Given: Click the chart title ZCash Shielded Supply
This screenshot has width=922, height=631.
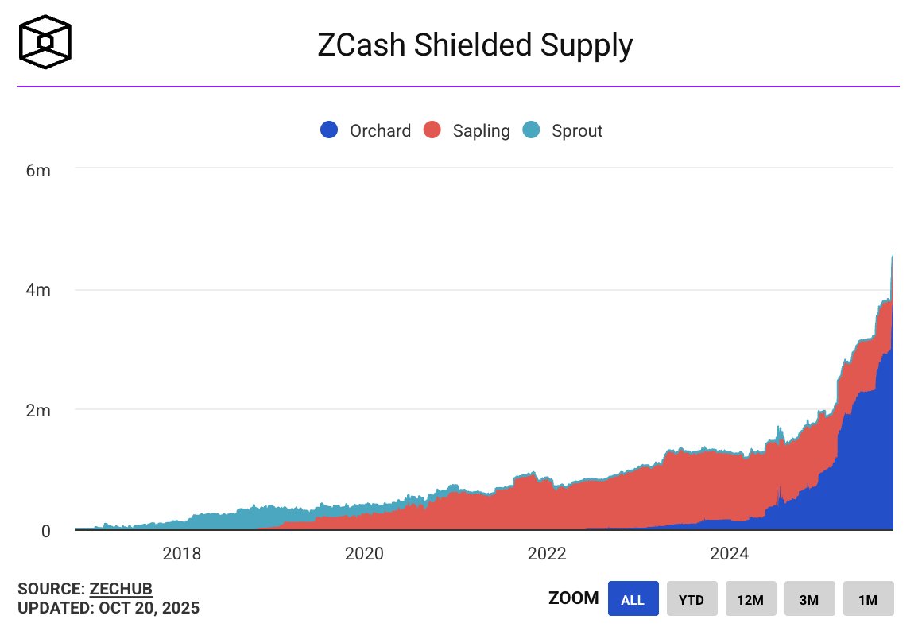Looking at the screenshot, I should [475, 46].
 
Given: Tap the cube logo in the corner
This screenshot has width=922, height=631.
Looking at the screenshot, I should [46, 41].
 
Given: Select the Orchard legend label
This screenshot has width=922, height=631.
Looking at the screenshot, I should [380, 130].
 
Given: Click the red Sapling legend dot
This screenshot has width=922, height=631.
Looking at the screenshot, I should [432, 130].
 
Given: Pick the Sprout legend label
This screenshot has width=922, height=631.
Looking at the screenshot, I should [577, 130].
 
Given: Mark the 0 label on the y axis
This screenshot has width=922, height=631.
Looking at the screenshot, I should [47, 531].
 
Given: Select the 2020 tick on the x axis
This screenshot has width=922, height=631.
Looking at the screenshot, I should [365, 553].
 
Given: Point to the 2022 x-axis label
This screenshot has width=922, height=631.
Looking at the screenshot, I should [547, 553].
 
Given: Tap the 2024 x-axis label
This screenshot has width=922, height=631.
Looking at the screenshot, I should [729, 553].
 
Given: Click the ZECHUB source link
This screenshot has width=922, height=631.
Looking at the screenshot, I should [121, 589].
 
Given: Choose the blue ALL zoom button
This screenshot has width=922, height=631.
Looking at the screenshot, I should [633, 599].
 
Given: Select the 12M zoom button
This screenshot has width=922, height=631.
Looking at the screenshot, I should [750, 599].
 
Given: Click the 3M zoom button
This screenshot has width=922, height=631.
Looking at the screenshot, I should [809, 599].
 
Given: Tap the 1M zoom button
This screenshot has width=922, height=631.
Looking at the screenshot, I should [868, 599].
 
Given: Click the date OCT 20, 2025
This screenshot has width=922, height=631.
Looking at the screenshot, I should [149, 609].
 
